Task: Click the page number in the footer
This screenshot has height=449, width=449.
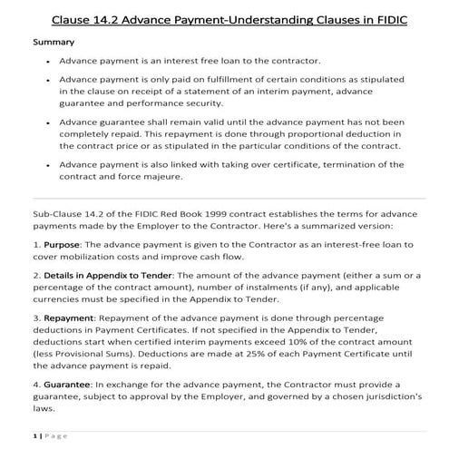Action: pyautogui.click(x=35, y=436)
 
